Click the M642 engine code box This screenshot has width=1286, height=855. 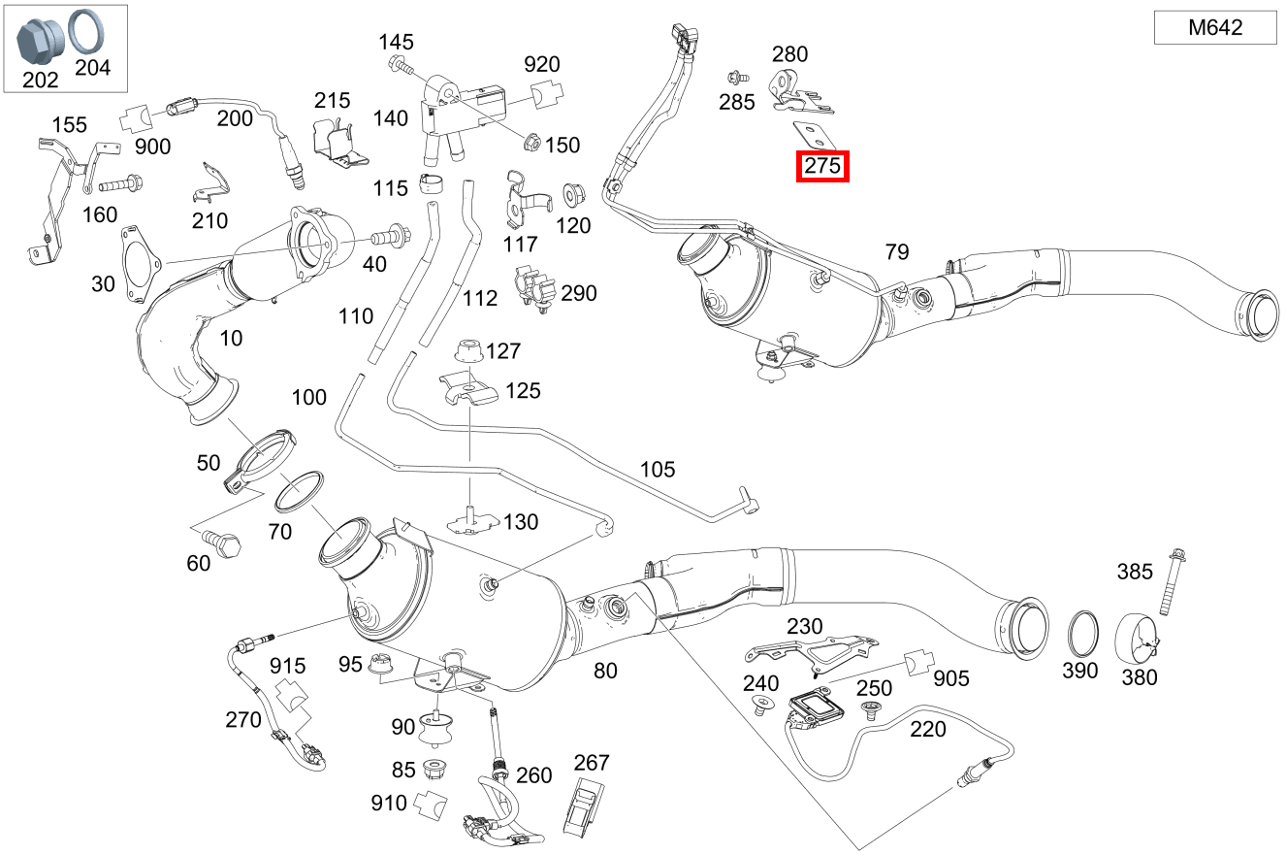1214,28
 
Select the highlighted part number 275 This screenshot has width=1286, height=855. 822,167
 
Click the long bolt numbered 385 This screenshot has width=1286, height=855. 1171,582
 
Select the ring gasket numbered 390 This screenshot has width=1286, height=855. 1082,633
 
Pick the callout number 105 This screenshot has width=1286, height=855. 658,470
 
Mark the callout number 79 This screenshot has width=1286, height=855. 897,252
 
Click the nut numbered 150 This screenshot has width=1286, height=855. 530,143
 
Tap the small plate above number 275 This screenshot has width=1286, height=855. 809,132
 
